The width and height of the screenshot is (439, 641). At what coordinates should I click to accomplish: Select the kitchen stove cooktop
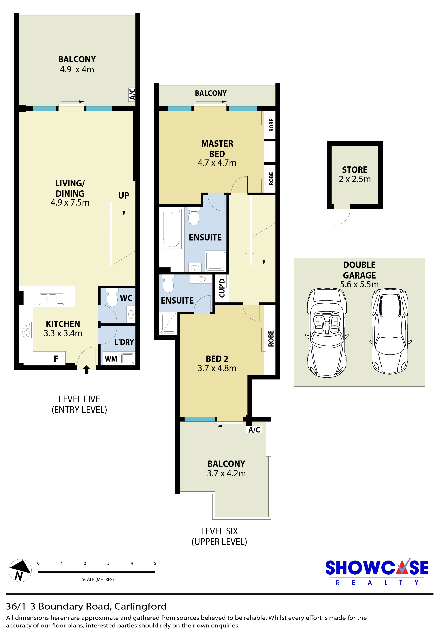(x=26, y=330)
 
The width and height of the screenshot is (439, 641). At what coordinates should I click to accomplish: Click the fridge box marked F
(x=56, y=359)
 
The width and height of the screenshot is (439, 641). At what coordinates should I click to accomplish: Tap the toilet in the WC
(x=112, y=298)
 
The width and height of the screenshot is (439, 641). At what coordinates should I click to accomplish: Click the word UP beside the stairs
(x=124, y=195)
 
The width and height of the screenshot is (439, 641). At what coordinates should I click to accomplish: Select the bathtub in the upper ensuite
(x=172, y=229)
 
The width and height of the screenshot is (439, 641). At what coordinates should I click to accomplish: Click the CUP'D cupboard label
(x=222, y=288)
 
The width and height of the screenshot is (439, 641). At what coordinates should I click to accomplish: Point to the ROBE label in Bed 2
(x=271, y=339)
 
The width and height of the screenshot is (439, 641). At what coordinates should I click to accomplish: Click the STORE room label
(x=355, y=170)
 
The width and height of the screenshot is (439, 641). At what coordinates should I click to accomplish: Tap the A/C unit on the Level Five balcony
(x=132, y=94)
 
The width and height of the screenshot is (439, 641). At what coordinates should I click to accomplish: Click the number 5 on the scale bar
(x=155, y=563)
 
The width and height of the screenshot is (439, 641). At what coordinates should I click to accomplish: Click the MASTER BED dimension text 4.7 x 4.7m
(x=217, y=163)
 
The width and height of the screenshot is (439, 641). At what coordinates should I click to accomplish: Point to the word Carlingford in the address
(x=140, y=606)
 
